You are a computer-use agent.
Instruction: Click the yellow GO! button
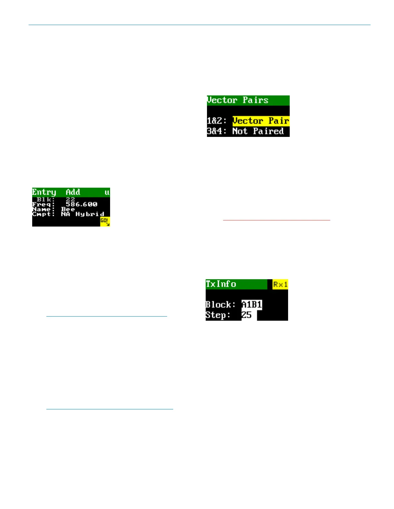point(105,221)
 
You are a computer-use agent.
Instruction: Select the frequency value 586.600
point(81,204)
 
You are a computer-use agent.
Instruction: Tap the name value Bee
point(68,209)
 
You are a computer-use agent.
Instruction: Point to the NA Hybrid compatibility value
point(82,214)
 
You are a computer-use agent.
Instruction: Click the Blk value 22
point(70,200)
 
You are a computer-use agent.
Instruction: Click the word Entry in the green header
point(44,192)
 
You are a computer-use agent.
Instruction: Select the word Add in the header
point(73,192)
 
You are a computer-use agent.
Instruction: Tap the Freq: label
point(43,204)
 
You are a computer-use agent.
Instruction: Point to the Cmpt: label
point(43,214)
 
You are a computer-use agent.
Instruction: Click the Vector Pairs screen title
point(238,100)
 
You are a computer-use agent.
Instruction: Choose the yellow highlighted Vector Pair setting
point(261,121)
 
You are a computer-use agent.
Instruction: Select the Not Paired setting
point(258,131)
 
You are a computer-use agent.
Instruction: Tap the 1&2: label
point(217,121)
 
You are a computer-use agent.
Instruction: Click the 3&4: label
point(217,131)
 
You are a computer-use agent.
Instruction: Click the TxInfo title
point(221,284)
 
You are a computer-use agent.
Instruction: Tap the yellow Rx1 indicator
point(280,284)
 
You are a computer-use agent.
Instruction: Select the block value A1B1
point(252,304)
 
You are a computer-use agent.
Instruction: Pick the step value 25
point(247,315)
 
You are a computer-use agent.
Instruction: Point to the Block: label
point(220,305)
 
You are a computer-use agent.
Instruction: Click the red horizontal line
point(277,220)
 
